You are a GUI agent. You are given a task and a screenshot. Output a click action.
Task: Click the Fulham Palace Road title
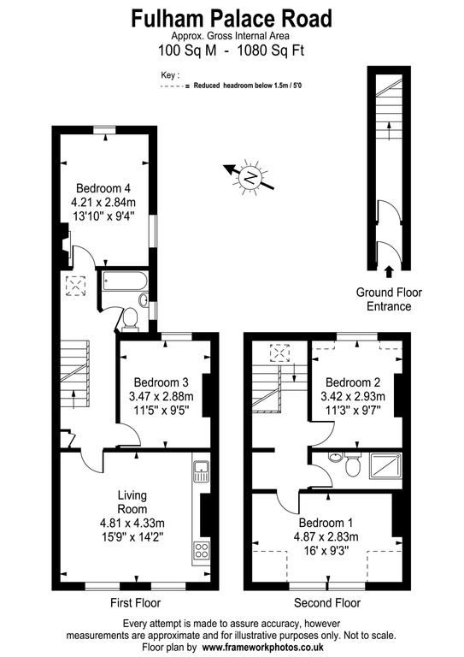click(x=232, y=19)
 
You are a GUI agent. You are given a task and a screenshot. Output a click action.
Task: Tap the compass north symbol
click(x=250, y=178)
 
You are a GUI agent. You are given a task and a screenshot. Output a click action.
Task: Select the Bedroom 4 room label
click(x=103, y=188)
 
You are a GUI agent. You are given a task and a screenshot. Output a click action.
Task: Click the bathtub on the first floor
click(x=125, y=281)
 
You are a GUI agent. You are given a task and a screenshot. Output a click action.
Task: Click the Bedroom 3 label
click(x=162, y=382)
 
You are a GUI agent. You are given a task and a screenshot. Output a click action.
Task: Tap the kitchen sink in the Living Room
click(x=202, y=471)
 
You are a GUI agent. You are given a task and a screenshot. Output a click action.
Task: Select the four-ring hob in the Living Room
click(x=202, y=550)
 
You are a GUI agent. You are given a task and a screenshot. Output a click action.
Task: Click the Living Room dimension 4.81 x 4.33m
click(x=132, y=523)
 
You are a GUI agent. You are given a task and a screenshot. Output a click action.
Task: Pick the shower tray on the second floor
click(x=385, y=465)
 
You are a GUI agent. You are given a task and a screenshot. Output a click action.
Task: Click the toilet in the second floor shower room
click(x=353, y=465)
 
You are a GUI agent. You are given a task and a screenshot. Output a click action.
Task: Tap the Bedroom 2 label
click(x=353, y=382)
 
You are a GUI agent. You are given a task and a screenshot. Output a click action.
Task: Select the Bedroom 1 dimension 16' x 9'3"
click(x=326, y=550)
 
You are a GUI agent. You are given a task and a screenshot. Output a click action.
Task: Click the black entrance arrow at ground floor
click(x=389, y=272)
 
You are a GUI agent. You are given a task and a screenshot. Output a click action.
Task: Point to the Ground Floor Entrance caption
click(x=389, y=299)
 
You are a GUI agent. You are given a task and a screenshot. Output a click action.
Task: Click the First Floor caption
click(x=136, y=603)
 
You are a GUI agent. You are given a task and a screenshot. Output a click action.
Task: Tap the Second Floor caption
click(x=327, y=603)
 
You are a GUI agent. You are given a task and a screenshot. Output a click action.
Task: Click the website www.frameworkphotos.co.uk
click(x=263, y=647)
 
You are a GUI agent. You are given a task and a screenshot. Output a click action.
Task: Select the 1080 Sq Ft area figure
click(x=270, y=50)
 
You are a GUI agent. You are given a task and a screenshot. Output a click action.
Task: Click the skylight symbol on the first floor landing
click(x=76, y=287)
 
